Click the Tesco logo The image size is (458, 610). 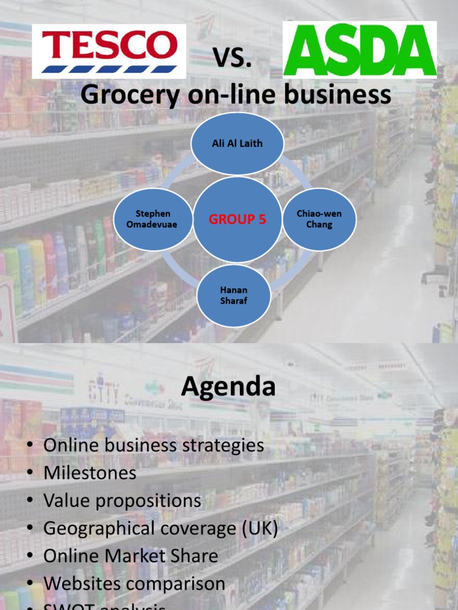tap(109, 51)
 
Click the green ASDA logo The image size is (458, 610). tap(360, 49)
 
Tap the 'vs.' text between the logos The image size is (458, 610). tap(233, 58)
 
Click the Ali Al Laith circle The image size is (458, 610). tap(237, 144)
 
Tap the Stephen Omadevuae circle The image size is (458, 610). tap(153, 219)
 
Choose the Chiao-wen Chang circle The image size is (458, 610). tap(319, 219)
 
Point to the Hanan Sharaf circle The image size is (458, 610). tap(233, 296)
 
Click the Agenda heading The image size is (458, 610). tap(228, 387)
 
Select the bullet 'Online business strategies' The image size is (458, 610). tap(153, 446)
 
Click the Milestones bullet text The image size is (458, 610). tap(89, 473)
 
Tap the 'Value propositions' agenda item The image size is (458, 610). tap(122, 500)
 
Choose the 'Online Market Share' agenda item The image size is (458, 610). tap(131, 556)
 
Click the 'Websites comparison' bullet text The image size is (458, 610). tap(134, 583)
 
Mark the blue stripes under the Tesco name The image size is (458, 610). tap(109, 69)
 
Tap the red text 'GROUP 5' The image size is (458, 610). tap(237, 220)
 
